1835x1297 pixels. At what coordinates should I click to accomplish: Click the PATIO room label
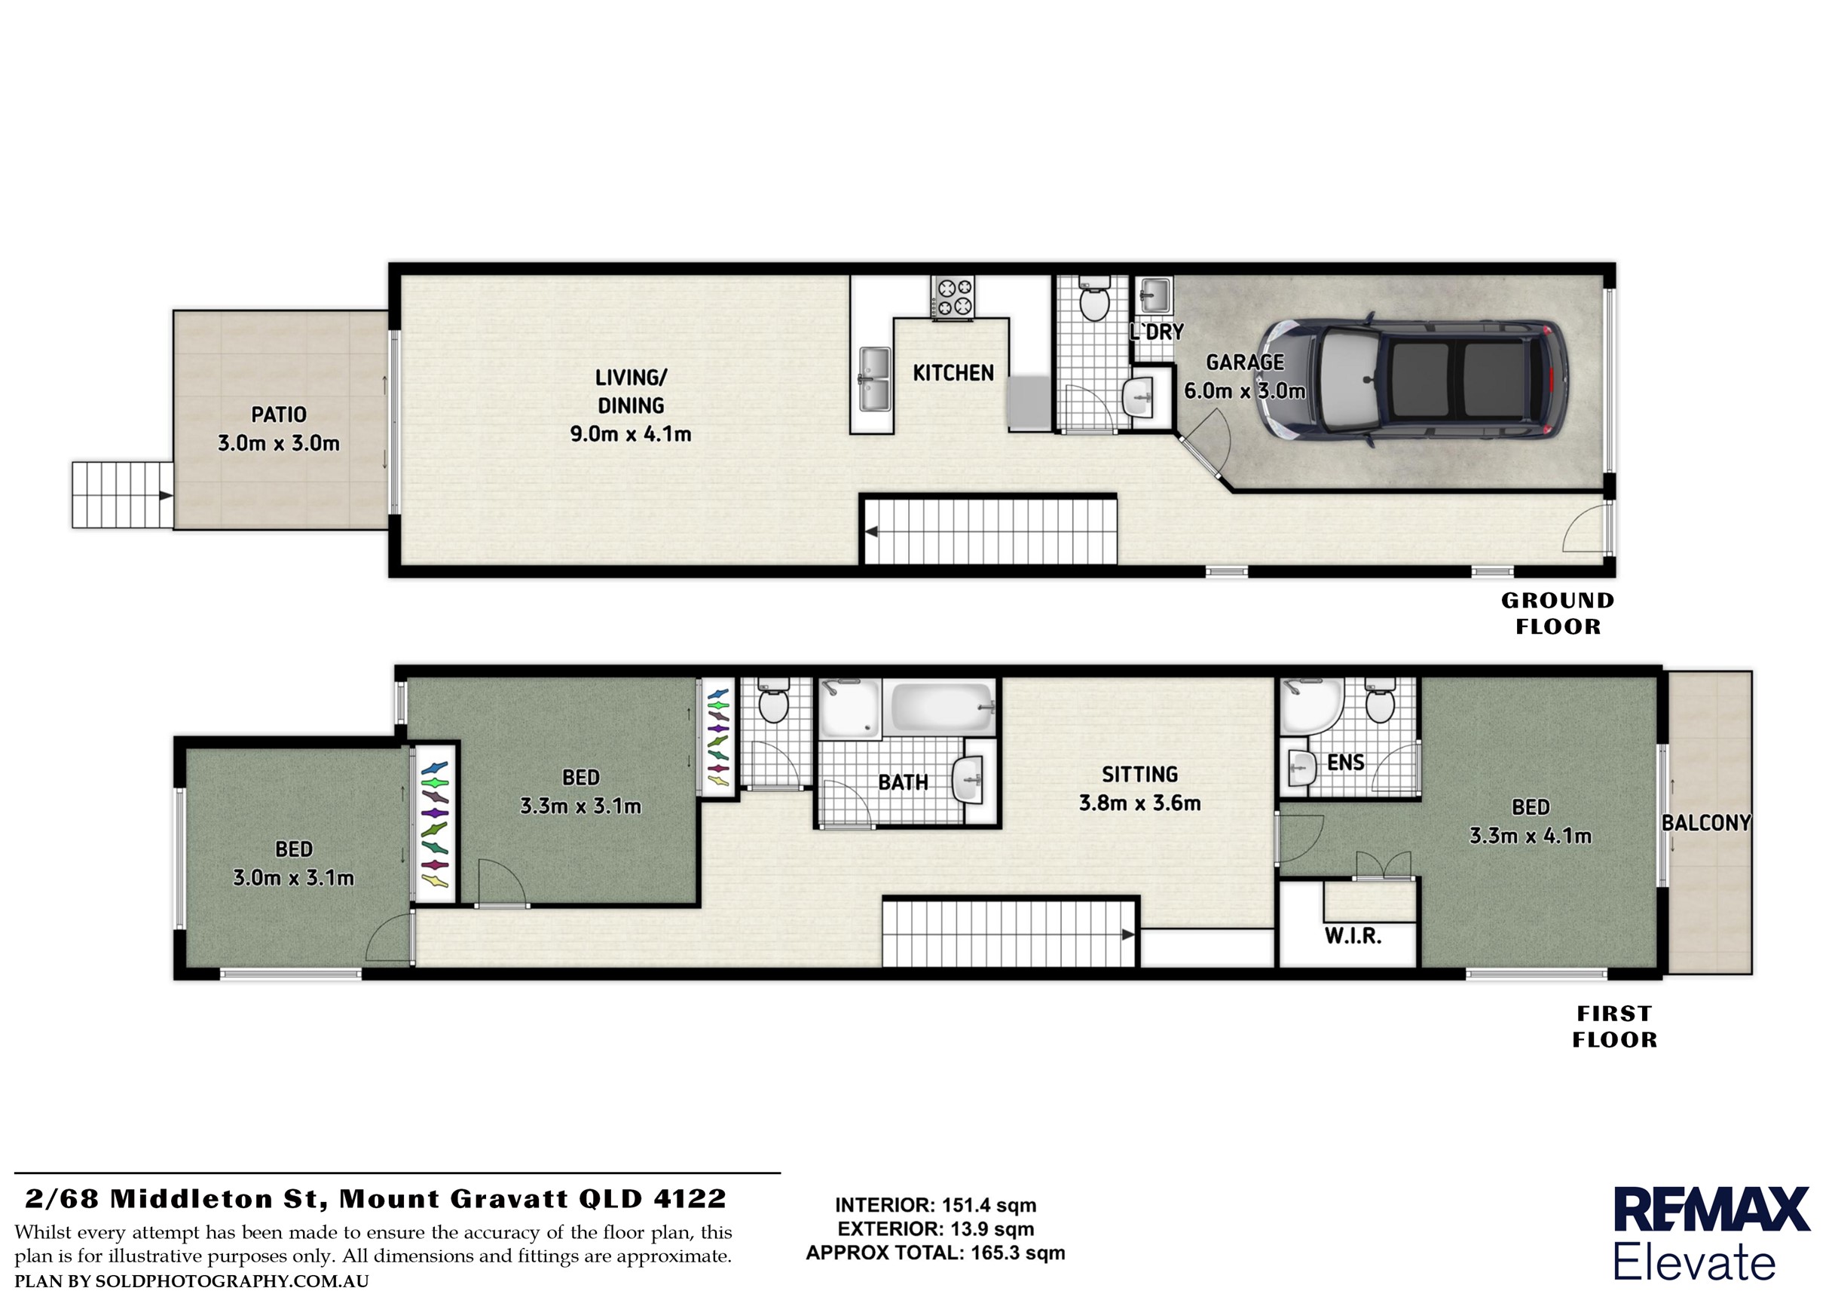point(278,414)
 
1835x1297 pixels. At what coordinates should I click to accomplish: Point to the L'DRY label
point(1157,332)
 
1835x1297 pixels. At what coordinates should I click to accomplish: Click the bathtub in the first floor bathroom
point(943,707)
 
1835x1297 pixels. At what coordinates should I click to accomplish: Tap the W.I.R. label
point(1353,936)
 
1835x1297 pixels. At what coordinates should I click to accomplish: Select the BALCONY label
point(1706,823)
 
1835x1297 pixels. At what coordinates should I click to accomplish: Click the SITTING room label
point(1139,775)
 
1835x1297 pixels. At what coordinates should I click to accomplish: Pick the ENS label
point(1346,763)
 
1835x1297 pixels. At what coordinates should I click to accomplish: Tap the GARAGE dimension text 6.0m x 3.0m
point(1244,391)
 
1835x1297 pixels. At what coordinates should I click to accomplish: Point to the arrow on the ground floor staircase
point(872,531)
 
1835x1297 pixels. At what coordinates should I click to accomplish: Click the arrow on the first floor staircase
point(1127,934)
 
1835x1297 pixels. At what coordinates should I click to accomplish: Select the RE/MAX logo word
point(1711,1210)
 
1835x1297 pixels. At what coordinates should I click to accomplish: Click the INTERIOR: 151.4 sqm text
point(935,1206)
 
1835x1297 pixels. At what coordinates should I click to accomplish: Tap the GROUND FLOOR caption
point(1558,613)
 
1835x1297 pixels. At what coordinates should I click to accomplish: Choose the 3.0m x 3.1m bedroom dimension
point(293,878)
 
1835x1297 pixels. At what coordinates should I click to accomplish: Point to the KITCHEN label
point(953,373)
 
